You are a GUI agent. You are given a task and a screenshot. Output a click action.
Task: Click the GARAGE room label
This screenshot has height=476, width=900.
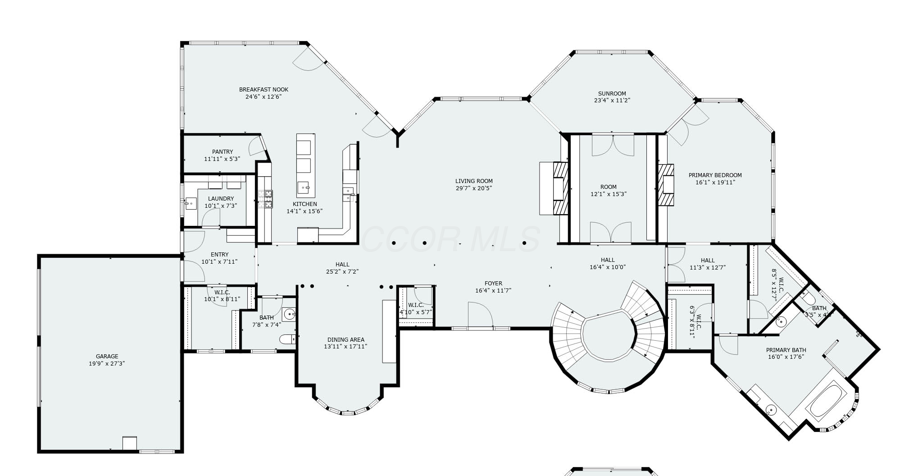pyautogui.click(x=107, y=356)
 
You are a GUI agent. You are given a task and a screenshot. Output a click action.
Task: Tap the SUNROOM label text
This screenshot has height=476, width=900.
pyautogui.click(x=612, y=94)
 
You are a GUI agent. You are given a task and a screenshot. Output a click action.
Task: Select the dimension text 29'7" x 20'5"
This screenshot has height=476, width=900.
pyautogui.click(x=474, y=188)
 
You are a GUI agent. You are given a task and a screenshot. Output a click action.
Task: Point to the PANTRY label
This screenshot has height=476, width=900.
pyautogui.click(x=223, y=152)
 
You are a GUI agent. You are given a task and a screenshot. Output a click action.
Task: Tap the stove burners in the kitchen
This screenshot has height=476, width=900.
pyautogui.click(x=265, y=199)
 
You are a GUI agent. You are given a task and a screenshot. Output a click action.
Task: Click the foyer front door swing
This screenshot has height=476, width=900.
pyautogui.click(x=480, y=315)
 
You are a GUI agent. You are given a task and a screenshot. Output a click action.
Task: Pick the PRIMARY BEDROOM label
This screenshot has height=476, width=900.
pyautogui.click(x=715, y=175)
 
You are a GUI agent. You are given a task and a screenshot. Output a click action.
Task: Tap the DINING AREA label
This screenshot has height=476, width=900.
pyautogui.click(x=345, y=340)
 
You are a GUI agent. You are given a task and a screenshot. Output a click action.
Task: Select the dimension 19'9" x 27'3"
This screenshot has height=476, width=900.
pyautogui.click(x=107, y=363)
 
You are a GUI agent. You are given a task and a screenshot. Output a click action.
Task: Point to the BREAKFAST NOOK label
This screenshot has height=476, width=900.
pyautogui.click(x=264, y=90)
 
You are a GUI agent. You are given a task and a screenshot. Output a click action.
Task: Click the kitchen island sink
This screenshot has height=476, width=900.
pyautogui.click(x=304, y=186)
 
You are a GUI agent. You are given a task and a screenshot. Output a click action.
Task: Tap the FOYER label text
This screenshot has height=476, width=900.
pyautogui.click(x=493, y=284)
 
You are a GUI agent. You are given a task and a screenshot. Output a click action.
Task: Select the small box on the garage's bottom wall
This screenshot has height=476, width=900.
pyautogui.click(x=130, y=443)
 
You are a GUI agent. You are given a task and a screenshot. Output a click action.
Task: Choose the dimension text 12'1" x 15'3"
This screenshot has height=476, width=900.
pyautogui.click(x=609, y=194)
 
